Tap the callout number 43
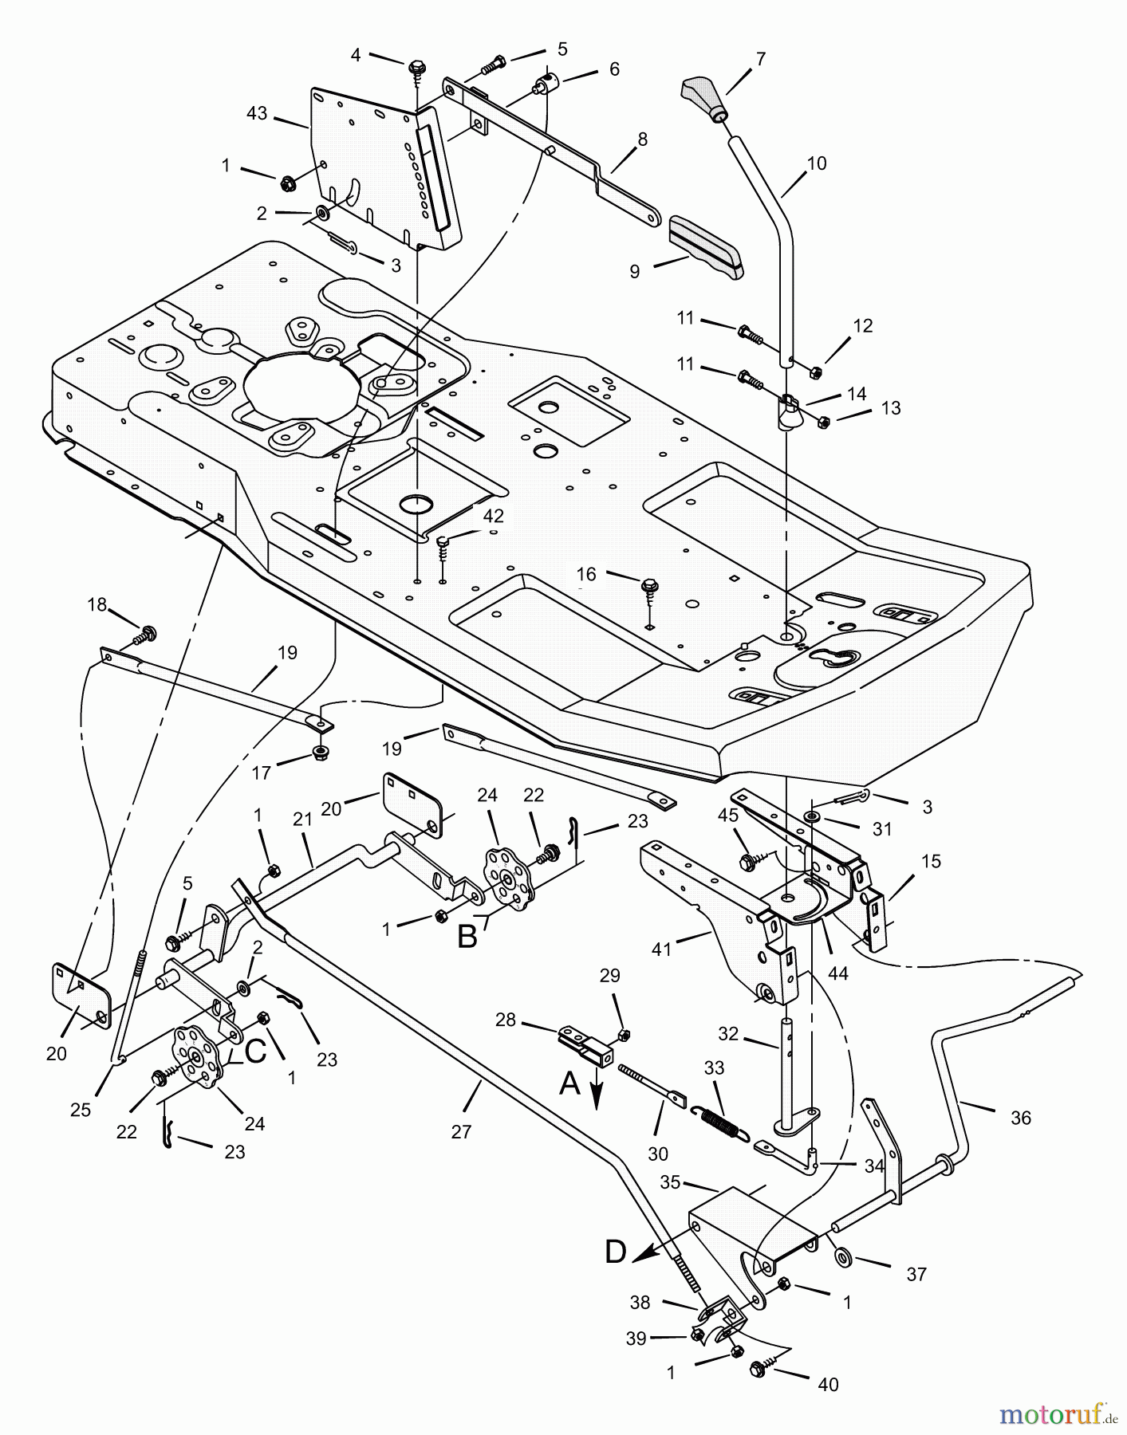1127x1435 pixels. (x=257, y=114)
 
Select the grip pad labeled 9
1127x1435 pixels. (x=705, y=246)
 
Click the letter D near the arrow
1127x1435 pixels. (x=615, y=1252)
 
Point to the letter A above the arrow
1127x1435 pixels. (x=569, y=1083)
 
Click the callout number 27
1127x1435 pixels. (x=461, y=1131)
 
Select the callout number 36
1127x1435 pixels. (x=1020, y=1118)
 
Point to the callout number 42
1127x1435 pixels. (x=493, y=516)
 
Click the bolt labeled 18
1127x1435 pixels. (x=145, y=635)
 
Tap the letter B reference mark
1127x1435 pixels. (x=467, y=937)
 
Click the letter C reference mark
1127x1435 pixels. (x=255, y=1052)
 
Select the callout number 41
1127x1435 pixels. (x=662, y=949)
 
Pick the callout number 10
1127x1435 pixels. (x=816, y=163)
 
